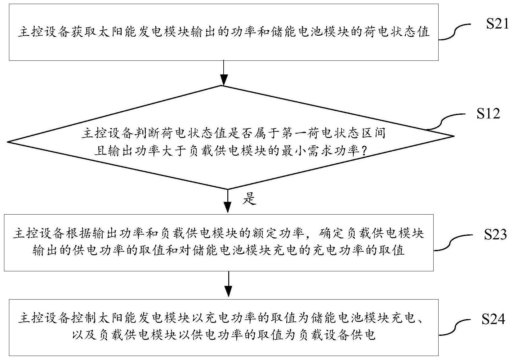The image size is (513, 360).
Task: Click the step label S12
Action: click(488, 113)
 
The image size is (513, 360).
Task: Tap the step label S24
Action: click(493, 319)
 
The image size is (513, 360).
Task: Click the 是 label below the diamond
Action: click(249, 198)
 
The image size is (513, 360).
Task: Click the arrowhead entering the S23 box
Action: click(227, 208)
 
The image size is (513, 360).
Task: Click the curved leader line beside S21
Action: click(454, 32)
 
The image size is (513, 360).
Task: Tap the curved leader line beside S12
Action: click(445, 122)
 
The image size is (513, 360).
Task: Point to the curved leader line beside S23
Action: click(453, 243)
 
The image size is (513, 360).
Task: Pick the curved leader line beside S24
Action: click(454, 328)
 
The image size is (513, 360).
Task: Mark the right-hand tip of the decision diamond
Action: click(454, 136)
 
